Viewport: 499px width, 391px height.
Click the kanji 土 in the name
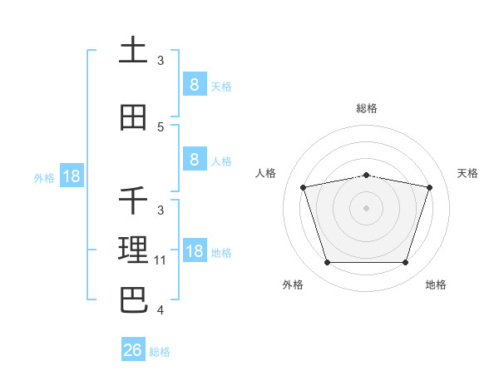click(x=133, y=49)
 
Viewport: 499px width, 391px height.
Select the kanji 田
click(x=133, y=117)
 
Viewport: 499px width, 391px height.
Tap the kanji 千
click(x=133, y=200)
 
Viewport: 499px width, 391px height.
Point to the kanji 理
click(x=133, y=250)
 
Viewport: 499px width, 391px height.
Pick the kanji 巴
click(x=134, y=300)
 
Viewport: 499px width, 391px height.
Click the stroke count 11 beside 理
click(x=160, y=260)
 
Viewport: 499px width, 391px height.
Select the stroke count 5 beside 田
click(x=161, y=127)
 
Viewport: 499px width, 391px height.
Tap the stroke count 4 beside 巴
click(x=161, y=309)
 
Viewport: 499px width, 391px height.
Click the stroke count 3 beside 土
click(x=161, y=60)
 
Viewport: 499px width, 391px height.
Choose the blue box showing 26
click(x=133, y=349)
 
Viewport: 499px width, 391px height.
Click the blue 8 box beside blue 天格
click(x=195, y=84)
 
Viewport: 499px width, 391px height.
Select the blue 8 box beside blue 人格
click(x=195, y=159)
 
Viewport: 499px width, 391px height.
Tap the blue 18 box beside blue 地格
click(x=195, y=250)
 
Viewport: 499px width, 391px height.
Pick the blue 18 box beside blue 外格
click(x=72, y=176)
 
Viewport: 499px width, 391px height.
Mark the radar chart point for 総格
click(x=367, y=176)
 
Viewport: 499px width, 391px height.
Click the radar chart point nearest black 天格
click(x=430, y=187)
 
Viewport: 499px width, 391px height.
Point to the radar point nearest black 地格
click(x=406, y=262)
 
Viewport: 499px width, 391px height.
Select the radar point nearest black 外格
click(x=328, y=262)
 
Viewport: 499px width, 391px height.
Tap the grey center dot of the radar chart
click(x=367, y=208)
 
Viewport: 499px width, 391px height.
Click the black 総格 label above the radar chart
click(x=367, y=108)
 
